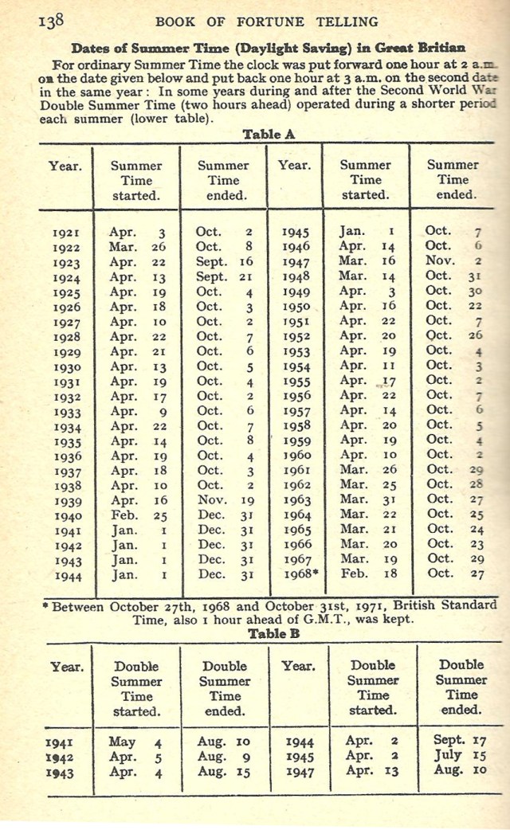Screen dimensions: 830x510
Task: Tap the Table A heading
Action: coord(269,135)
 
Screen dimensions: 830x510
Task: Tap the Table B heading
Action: coord(269,633)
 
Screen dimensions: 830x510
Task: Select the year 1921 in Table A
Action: coord(65,233)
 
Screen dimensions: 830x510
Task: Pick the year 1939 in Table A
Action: coord(65,502)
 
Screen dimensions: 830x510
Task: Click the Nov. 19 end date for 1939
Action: coord(224,502)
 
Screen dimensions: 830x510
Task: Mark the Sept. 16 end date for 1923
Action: coord(224,262)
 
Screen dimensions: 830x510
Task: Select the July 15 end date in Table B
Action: coord(459,757)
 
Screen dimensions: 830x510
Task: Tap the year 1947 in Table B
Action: coord(298,772)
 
